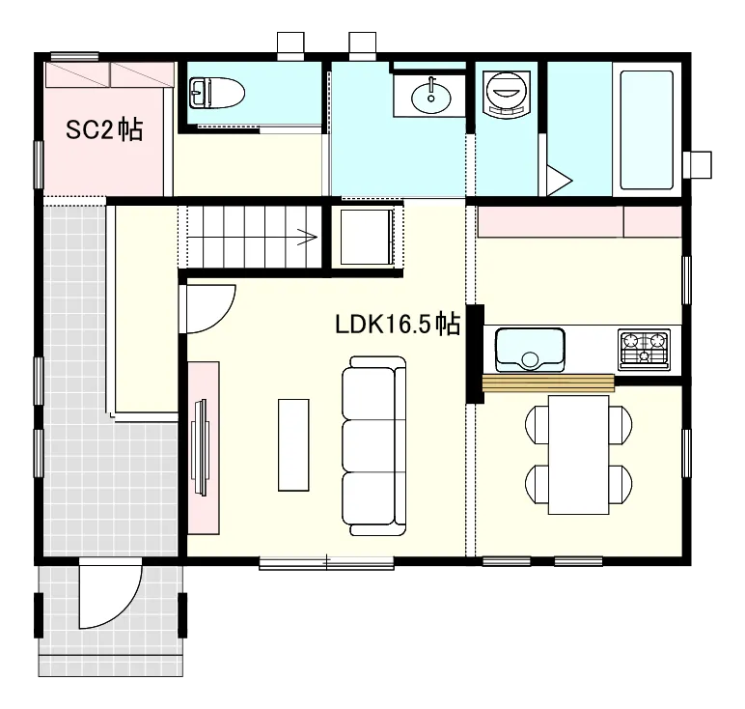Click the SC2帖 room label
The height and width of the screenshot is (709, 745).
(104, 129)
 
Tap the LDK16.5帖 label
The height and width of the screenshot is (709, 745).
(398, 325)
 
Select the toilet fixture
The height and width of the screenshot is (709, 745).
(217, 93)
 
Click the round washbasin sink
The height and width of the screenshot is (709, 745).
(431, 97)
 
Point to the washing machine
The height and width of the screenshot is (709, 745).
(507, 94)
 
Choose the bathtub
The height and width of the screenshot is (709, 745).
(647, 129)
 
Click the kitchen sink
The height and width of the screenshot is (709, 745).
(530, 350)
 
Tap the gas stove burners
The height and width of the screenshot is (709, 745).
(645, 350)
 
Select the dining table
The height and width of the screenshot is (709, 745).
(578, 455)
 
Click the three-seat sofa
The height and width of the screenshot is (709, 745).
(373, 446)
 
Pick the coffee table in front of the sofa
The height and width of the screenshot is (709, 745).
(293, 444)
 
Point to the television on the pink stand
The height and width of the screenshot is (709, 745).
(200, 447)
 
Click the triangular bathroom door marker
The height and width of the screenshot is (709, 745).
(559, 181)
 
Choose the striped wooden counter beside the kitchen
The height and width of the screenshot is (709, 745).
(548, 383)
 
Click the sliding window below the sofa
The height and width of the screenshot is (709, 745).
(326, 563)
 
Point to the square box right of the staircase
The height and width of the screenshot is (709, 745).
(367, 237)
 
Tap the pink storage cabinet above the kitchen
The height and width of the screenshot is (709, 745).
(579, 221)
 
